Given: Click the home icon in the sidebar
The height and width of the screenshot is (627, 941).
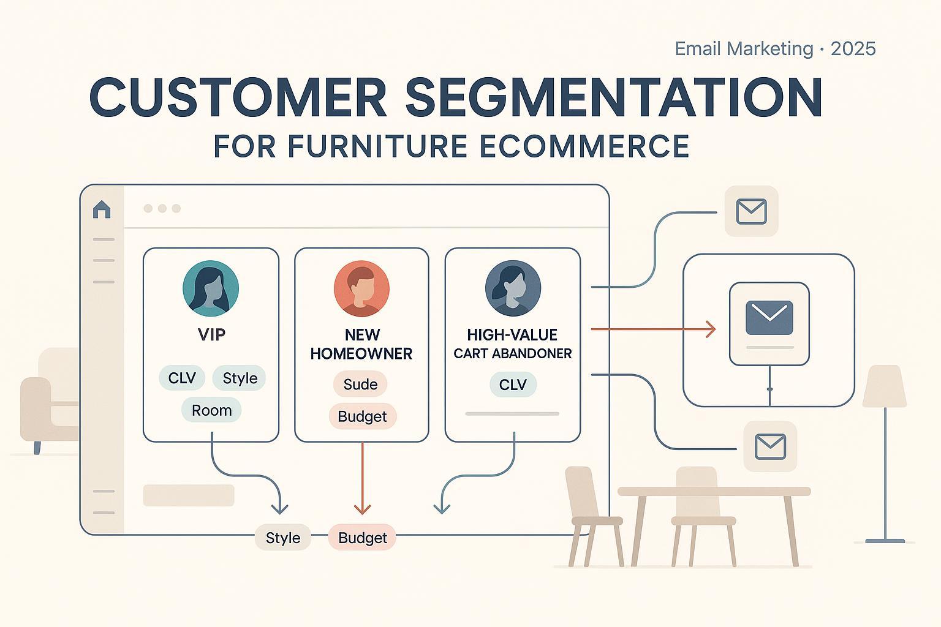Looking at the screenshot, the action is (x=102, y=209).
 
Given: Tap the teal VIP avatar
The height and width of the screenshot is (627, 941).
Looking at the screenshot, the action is (x=211, y=288).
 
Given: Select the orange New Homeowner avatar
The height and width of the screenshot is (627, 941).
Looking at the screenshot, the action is (x=361, y=288).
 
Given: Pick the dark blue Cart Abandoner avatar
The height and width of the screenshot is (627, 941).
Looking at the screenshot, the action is (x=513, y=288).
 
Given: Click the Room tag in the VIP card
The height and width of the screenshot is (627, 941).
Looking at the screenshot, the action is (x=212, y=410).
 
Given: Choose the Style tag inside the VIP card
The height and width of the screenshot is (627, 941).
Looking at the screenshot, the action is (x=240, y=378).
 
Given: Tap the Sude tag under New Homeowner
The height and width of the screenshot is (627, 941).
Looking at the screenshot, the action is (x=360, y=384).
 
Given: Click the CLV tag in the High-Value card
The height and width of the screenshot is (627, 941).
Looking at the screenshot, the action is (x=513, y=384).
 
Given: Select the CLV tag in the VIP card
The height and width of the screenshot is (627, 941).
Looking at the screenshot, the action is (x=182, y=378).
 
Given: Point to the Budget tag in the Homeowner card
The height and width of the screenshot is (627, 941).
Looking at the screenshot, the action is (x=362, y=416).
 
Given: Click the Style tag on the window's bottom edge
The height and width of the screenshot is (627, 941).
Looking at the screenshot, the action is (x=283, y=538).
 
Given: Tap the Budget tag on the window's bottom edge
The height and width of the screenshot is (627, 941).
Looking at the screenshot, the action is (x=362, y=538).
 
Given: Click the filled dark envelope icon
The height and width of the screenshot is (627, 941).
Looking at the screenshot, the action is (x=769, y=318).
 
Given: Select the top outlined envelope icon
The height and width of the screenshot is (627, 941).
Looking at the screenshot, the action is (x=752, y=211).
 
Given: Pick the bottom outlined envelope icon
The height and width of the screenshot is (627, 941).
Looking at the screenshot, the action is (x=771, y=446).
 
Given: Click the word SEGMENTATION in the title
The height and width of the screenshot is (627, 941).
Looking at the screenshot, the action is (x=614, y=97).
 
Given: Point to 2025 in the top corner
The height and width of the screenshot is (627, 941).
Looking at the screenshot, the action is (x=853, y=49).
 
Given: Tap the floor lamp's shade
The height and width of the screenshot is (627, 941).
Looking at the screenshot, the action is (x=884, y=386).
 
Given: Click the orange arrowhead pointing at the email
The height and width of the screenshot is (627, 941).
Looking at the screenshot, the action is (x=711, y=329).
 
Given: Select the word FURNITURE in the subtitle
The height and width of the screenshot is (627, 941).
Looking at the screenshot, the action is (x=377, y=146).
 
